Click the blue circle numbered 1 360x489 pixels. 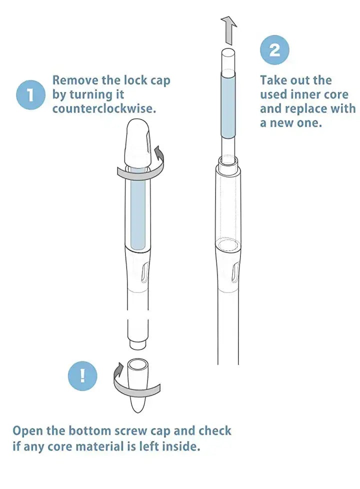(x=30, y=95)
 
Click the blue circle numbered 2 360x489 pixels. (x=274, y=50)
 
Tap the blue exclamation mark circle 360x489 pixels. (x=82, y=376)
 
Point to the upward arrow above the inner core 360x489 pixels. (x=229, y=30)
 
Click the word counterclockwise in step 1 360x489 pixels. (x=104, y=109)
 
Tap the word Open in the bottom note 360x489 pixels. (x=28, y=431)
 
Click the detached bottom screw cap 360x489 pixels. (x=138, y=385)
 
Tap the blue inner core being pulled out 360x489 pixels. (x=228, y=105)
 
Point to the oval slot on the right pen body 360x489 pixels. (x=235, y=272)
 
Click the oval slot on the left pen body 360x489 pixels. (x=145, y=272)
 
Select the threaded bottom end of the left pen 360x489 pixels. (x=138, y=344)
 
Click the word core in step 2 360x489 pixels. (x=336, y=94)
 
